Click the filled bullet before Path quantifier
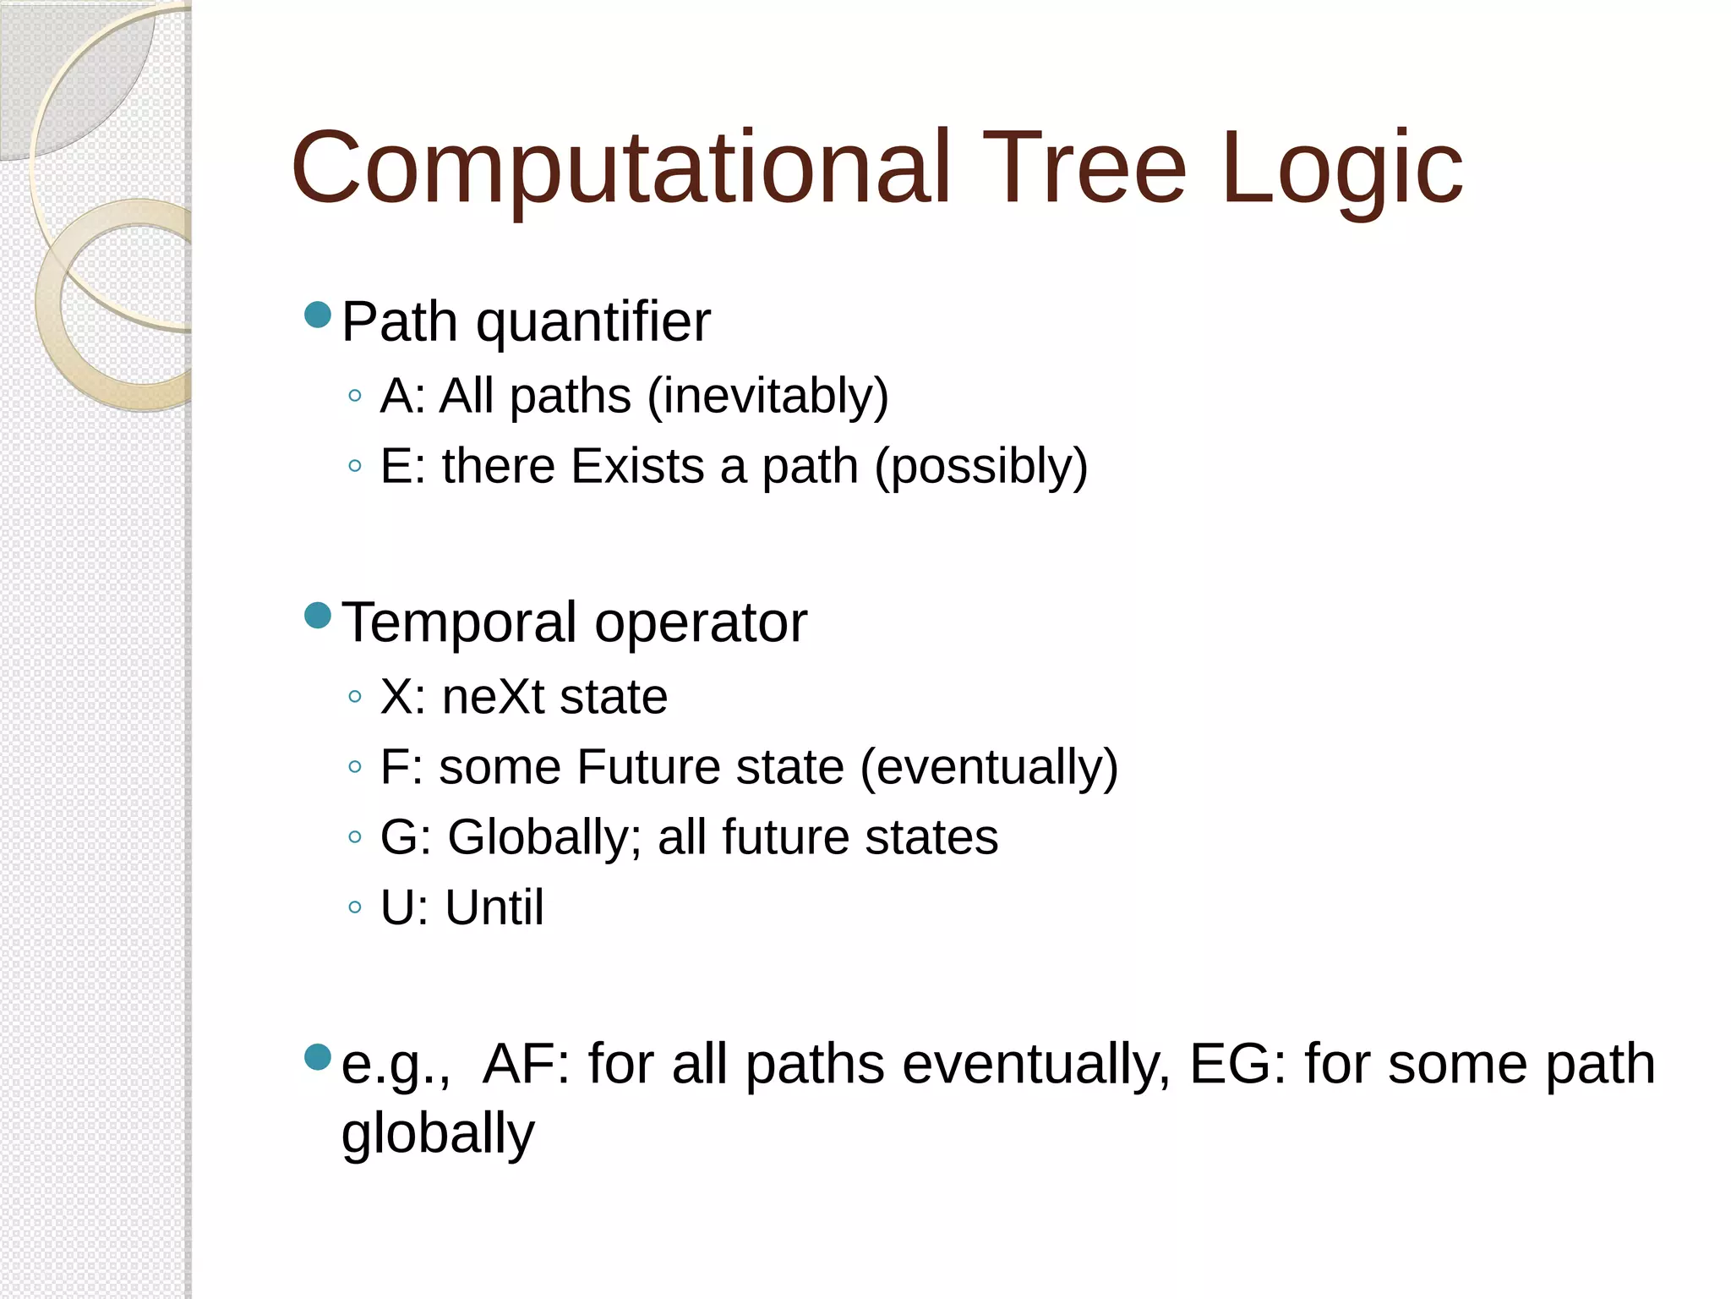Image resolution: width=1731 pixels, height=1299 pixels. pyautogui.click(x=318, y=315)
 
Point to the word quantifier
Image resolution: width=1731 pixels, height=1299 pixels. pyautogui.click(x=592, y=324)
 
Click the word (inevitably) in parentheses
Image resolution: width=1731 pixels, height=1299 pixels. pyautogui.click(x=767, y=397)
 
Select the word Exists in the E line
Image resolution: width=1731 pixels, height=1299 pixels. pyautogui.click(x=637, y=466)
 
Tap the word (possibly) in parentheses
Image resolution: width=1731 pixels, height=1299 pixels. pyautogui.click(x=980, y=468)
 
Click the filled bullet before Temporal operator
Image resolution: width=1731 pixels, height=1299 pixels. pyautogui.click(x=318, y=616)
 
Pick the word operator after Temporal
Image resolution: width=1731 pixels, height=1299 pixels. pyautogui.click(x=701, y=623)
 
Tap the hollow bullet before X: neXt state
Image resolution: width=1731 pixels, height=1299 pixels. pyautogui.click(x=355, y=697)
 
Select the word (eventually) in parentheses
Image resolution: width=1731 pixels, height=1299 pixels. pyautogui.click(x=989, y=768)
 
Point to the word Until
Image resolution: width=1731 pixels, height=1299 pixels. pyautogui.click(x=494, y=907)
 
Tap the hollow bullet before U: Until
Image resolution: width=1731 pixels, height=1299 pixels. pyautogui.click(x=355, y=907)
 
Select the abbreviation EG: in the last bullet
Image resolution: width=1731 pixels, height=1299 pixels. pyautogui.click(x=1237, y=1064)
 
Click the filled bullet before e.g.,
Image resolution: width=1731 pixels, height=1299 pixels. pyautogui.click(x=318, y=1057)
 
